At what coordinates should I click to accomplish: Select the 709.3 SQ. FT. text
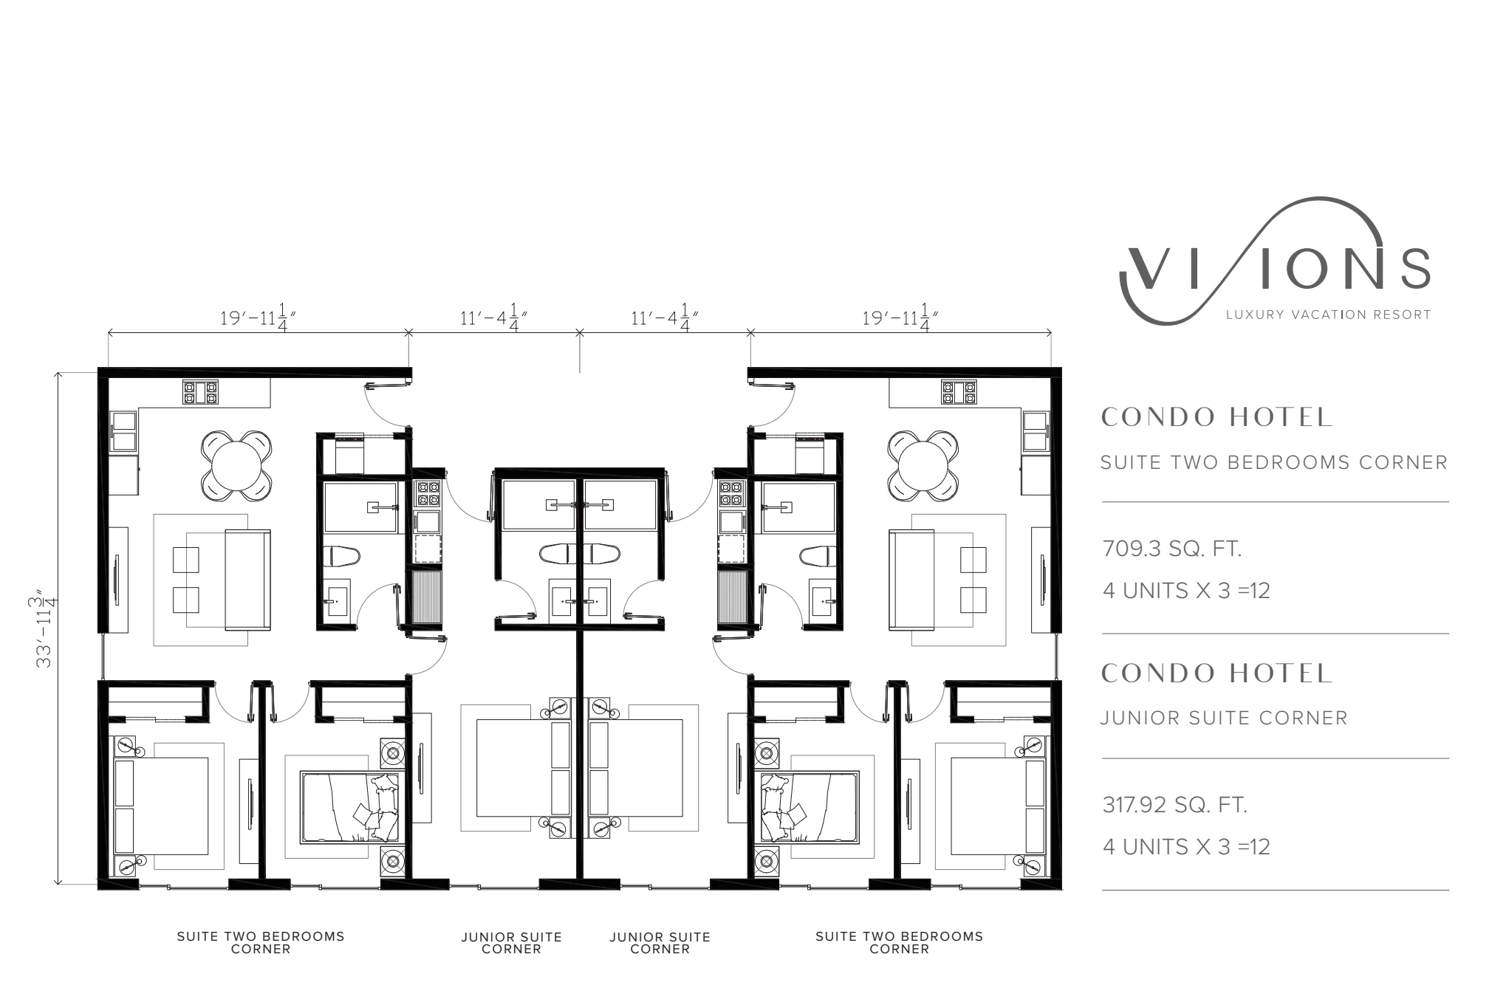pyautogui.click(x=1172, y=549)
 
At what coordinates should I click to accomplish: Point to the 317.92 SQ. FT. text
pyautogui.click(x=1175, y=805)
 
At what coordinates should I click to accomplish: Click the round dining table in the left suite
pyautogui.click(x=236, y=465)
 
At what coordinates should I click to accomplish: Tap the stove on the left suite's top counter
pyautogui.click(x=201, y=392)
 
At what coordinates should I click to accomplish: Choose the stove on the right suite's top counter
pyautogui.click(x=959, y=392)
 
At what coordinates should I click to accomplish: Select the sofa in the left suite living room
pyautogui.click(x=248, y=579)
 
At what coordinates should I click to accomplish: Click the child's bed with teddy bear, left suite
pyautogui.click(x=349, y=807)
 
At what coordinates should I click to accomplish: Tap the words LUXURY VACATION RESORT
pyautogui.click(x=1328, y=315)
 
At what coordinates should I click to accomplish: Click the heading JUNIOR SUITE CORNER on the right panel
pyautogui.click(x=1224, y=718)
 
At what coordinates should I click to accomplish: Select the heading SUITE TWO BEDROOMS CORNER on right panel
pyautogui.click(x=1274, y=462)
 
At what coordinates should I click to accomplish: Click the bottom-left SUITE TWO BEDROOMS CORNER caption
pyautogui.click(x=261, y=942)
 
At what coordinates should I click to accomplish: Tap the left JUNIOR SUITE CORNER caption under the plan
pyautogui.click(x=512, y=942)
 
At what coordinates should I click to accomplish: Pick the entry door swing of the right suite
pyautogui.click(x=776, y=405)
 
